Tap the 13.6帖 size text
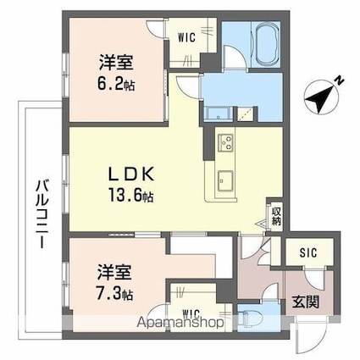point(130,194)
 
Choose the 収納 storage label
point(276,214)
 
